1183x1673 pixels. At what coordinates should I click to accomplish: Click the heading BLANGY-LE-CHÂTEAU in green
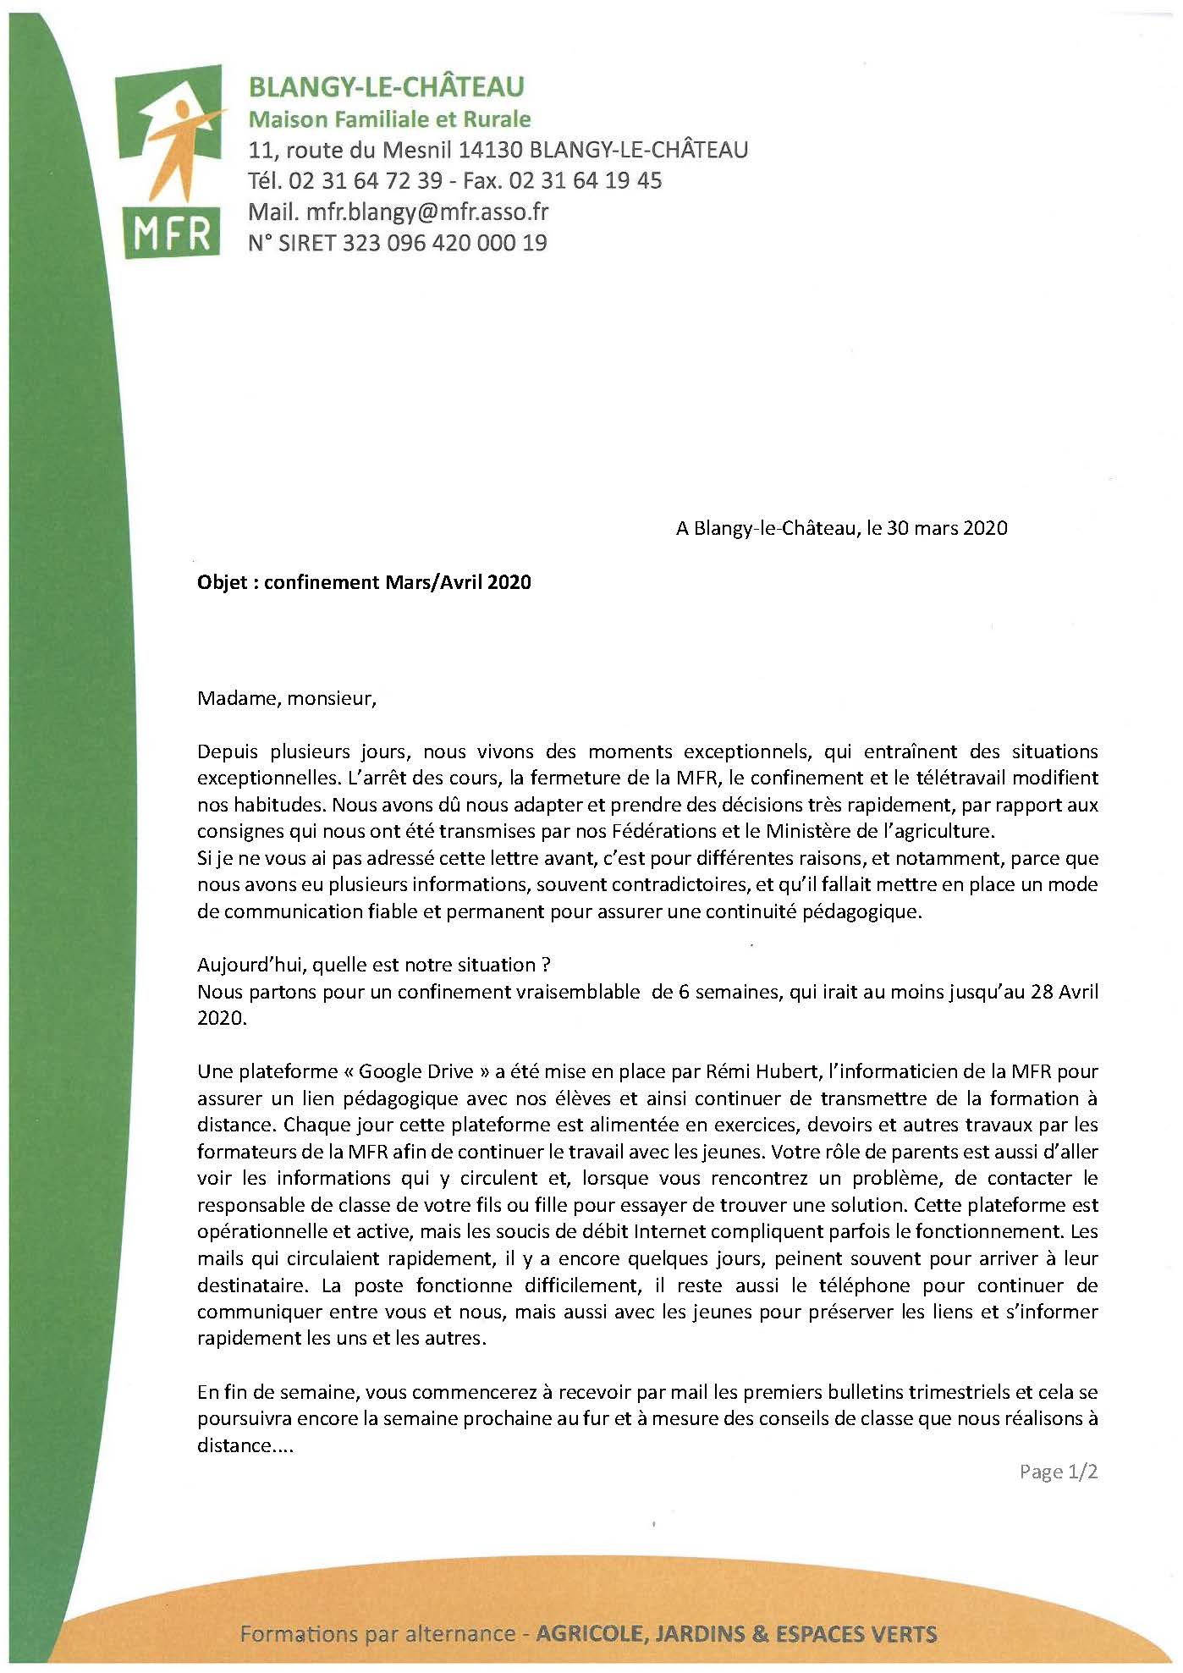click(x=386, y=86)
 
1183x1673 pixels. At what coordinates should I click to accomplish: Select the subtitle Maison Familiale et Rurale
click(x=389, y=119)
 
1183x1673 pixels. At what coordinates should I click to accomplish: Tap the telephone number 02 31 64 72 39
click(x=366, y=180)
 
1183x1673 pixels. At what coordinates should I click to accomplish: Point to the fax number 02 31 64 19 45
click(x=586, y=180)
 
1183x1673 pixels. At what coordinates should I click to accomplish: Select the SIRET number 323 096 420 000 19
click(x=444, y=243)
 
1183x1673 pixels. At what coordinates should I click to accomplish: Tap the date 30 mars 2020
click(x=947, y=528)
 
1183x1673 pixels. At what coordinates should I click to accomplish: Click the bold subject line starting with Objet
click(x=364, y=582)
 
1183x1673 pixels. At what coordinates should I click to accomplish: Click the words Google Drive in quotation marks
click(x=415, y=1071)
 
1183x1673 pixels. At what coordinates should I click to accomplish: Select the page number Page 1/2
click(x=1059, y=1472)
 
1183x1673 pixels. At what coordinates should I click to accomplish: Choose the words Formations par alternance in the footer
click(x=377, y=1633)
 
